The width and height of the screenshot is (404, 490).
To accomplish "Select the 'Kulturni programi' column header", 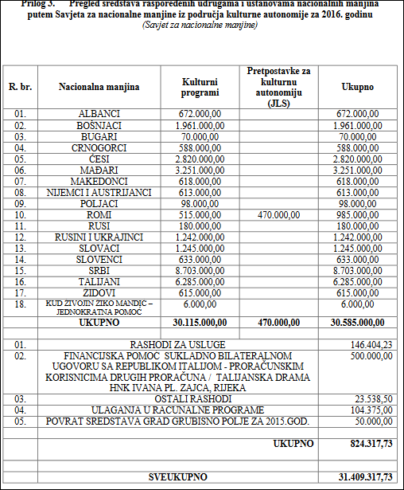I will coord(200,86).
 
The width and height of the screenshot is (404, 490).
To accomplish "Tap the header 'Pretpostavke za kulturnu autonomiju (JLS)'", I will coord(279,86).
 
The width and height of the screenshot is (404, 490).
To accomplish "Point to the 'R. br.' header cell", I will coord(19,86).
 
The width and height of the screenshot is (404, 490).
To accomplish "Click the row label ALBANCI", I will coord(99,114).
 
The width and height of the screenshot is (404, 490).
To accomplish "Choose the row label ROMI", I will coord(99,214).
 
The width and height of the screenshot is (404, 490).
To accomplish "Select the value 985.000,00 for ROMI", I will coord(357,214).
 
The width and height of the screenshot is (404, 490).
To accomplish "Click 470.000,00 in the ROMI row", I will coord(279,214).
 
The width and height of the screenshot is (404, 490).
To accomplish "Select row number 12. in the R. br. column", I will coord(19,237).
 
